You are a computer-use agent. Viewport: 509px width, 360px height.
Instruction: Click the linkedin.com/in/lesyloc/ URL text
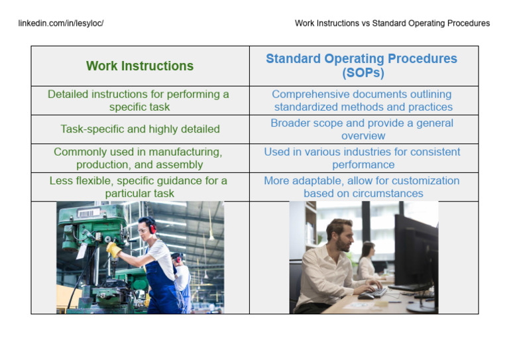(x=61, y=23)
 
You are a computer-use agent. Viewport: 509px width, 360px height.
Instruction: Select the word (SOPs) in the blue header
(x=363, y=73)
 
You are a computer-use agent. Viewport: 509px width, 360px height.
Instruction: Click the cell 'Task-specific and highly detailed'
(x=140, y=129)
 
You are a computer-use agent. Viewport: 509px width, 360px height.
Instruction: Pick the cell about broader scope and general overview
(x=362, y=129)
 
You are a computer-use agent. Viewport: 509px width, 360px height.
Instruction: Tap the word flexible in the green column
(x=96, y=181)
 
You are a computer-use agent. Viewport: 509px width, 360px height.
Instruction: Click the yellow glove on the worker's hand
(x=114, y=249)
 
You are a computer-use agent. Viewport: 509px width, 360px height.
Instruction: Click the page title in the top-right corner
(x=392, y=23)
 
